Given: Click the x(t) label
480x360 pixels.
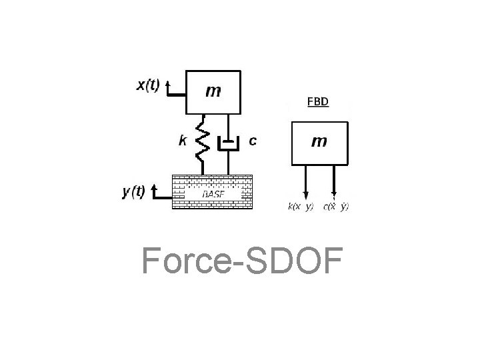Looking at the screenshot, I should pos(147,86).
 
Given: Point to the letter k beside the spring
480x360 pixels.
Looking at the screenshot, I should pos(182,141).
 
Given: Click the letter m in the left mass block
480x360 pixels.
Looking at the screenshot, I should pos(213,91).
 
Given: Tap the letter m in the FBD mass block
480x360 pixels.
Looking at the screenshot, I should pos(319,141).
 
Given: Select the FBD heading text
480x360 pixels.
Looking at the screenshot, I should pos(317,103).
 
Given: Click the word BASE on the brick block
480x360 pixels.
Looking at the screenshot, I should pos(213,193).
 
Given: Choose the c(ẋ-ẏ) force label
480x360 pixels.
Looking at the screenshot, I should pos(335,207).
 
